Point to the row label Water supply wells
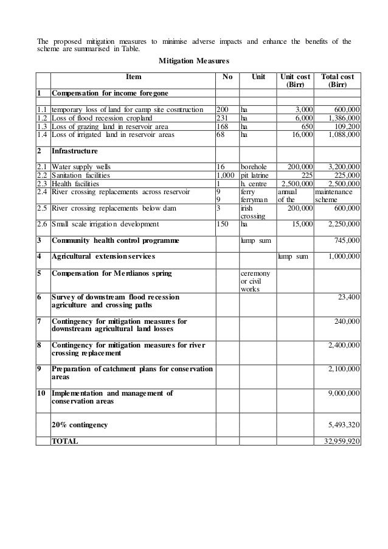coord(81,165)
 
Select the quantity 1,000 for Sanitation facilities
coord(226,173)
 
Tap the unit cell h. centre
coord(254,182)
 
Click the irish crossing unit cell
coord(251,211)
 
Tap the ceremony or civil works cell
coord(255,281)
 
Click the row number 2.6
coord(41,223)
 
